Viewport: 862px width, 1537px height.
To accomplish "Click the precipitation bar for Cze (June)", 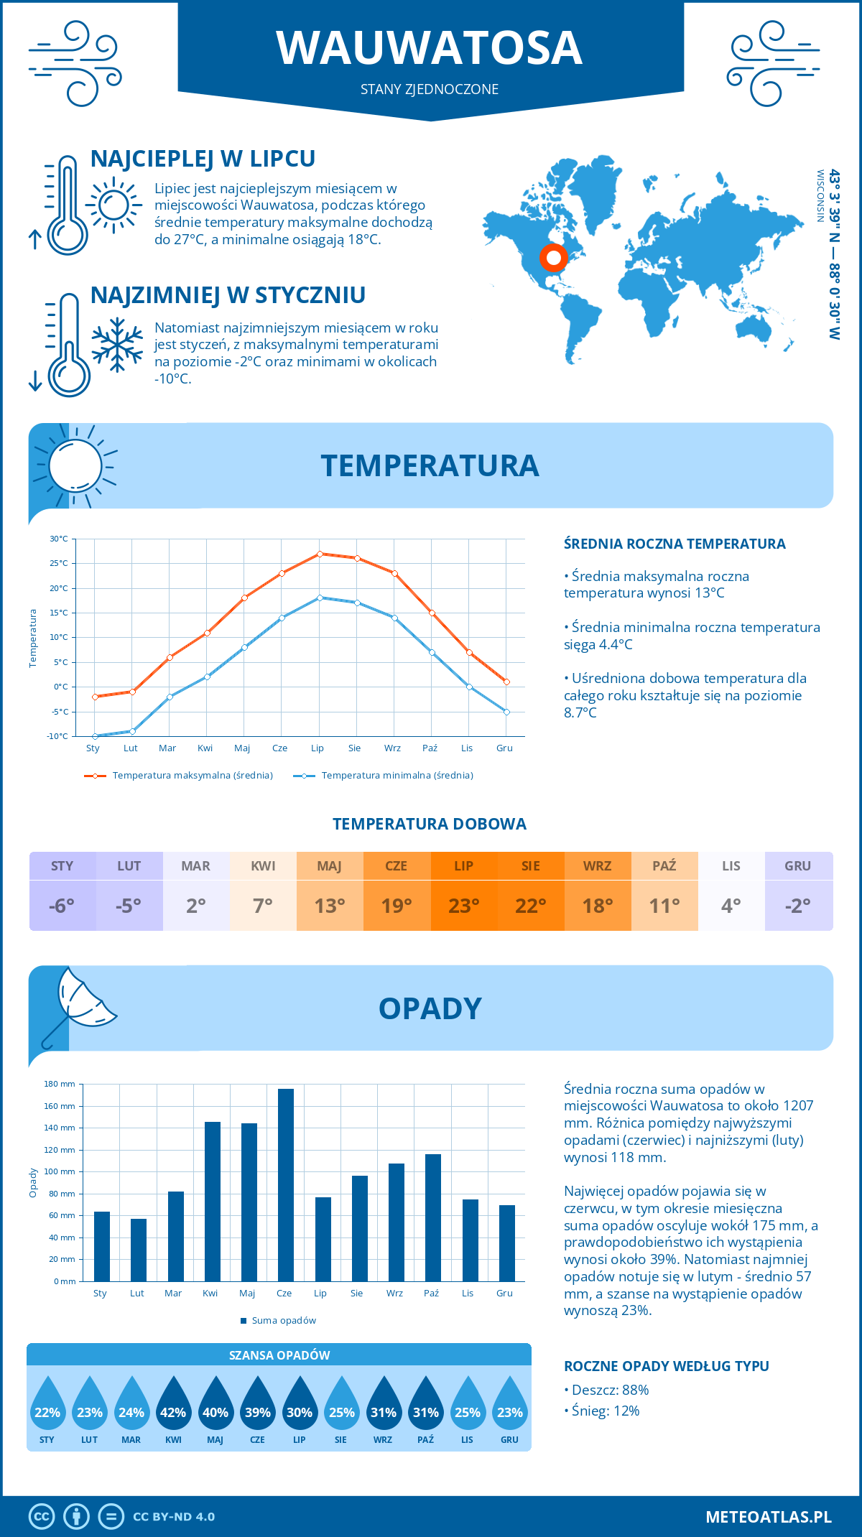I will pos(286,1185).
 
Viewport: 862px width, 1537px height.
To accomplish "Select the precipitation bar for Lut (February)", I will pos(139,1250).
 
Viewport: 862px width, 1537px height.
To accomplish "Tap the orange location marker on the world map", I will pos(553,257).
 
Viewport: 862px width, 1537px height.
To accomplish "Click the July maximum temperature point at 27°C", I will pos(320,554).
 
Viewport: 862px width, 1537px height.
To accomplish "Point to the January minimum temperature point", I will pos(95,736).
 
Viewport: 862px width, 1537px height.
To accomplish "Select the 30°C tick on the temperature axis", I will pos(59,539).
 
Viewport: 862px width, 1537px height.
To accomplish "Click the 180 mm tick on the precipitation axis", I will pos(60,1084).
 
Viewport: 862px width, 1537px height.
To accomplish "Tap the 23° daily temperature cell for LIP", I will pos(464,906).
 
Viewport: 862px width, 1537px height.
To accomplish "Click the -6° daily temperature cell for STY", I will pos(62,906).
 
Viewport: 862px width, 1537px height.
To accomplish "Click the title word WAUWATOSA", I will pos(430,49).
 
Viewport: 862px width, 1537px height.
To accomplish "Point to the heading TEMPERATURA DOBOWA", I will pos(430,825).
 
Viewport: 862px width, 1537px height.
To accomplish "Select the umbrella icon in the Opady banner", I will pos(79,1004).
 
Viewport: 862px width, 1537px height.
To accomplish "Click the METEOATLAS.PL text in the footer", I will pos(769,1517).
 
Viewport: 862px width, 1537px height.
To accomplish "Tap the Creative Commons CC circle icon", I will pos(42,1517).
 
